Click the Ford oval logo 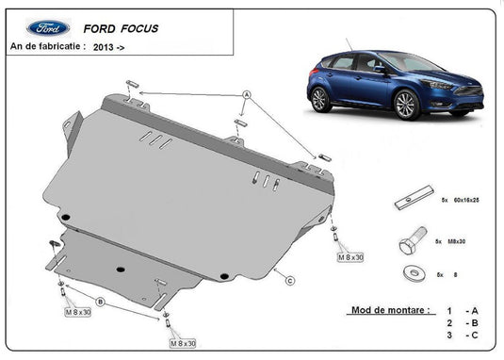tap(48, 28)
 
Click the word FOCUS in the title tap(138, 28)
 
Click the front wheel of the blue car tap(407, 104)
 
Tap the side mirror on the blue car tap(380, 69)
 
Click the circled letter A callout tap(246, 95)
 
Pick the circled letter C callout tap(290, 280)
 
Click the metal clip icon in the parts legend tap(412, 202)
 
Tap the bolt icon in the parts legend tap(412, 242)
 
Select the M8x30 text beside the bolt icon tap(460, 242)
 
